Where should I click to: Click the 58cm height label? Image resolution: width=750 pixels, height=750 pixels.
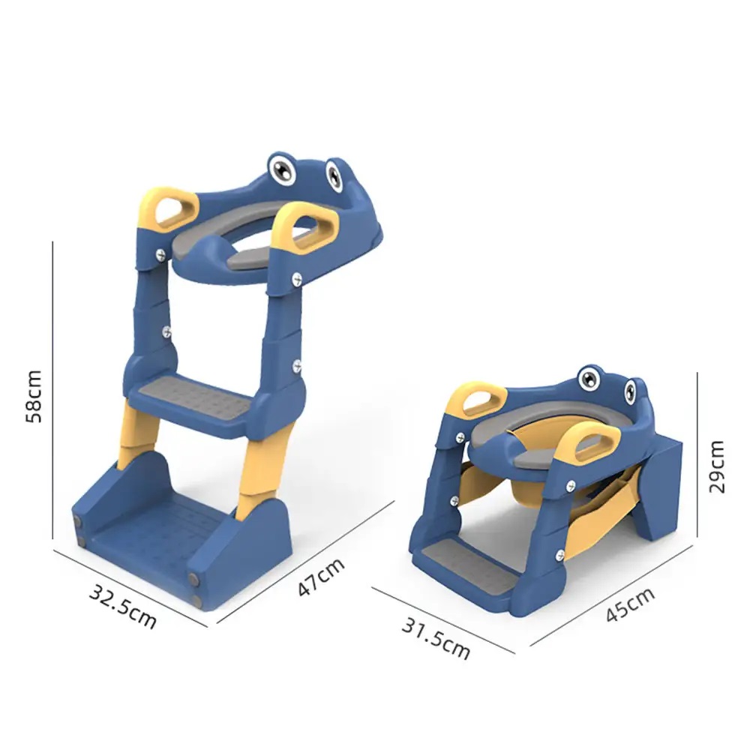click(34, 397)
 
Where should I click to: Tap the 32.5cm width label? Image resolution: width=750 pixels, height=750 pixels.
click(123, 607)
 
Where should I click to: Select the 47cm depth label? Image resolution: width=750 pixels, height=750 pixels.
click(320, 577)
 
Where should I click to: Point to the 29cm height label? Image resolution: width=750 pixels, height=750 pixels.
click(716, 466)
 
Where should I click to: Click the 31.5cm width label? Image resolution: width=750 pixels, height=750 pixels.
click(435, 638)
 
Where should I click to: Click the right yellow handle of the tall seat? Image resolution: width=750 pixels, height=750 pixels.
click(305, 229)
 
